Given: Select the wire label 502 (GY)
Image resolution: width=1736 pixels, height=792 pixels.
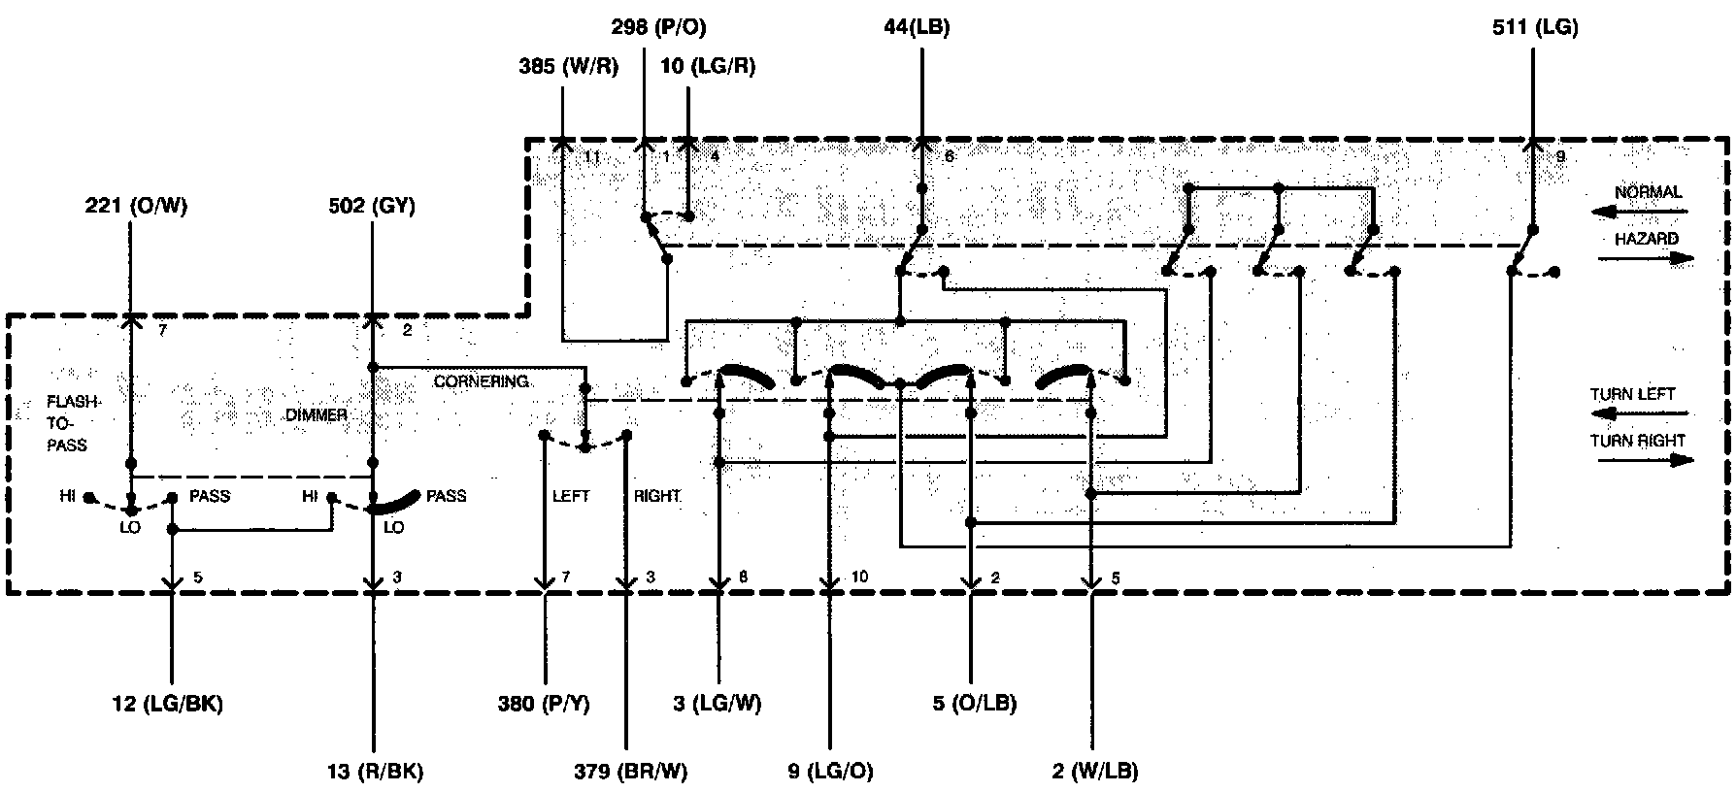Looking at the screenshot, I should (373, 205).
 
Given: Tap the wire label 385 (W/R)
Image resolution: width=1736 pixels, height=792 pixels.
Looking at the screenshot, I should (568, 67).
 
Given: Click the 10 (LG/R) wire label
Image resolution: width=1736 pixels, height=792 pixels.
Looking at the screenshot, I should (708, 67).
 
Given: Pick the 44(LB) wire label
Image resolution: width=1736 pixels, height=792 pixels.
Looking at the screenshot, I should (917, 27).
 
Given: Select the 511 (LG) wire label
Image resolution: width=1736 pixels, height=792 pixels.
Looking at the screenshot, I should (1535, 27).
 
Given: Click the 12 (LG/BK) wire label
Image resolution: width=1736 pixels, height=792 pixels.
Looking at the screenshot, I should (167, 704).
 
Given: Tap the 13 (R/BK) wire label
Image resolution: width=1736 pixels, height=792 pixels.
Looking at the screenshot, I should (375, 772).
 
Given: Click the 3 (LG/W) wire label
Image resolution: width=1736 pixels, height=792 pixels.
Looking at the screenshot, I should (718, 704).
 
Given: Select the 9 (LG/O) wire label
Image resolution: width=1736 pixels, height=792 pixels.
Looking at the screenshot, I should (830, 772).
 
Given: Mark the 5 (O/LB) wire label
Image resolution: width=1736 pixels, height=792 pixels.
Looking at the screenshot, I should (975, 704).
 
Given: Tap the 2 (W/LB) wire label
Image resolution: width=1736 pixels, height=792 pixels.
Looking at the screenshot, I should (1094, 772).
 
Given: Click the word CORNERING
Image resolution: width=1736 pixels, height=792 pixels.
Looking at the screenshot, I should (481, 381).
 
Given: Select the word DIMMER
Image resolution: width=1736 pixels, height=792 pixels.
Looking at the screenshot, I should (317, 415).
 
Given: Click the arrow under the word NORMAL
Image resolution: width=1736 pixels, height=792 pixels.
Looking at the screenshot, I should (1640, 211).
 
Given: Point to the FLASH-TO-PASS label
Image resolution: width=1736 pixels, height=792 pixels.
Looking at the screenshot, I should (68, 423).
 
